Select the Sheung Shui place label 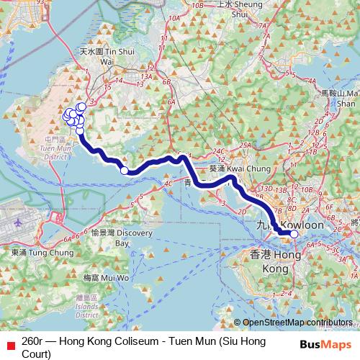(231, 8)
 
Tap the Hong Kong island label (274, 261)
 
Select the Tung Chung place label (42, 253)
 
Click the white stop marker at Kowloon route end (294, 233)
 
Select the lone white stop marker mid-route (125, 171)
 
